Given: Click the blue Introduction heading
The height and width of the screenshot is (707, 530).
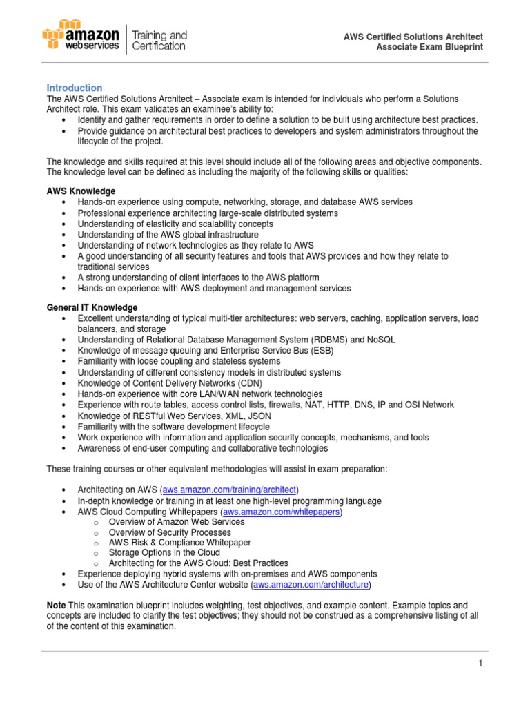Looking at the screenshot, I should coord(74,88).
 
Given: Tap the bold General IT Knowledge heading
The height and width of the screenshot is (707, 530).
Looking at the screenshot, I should coord(92,307).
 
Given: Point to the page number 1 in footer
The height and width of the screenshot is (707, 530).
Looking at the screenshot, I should coord(480,664).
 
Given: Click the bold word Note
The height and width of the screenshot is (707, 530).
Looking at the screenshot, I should coord(57,604).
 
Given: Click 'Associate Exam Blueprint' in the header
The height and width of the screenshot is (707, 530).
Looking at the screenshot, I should coord(429,47).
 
